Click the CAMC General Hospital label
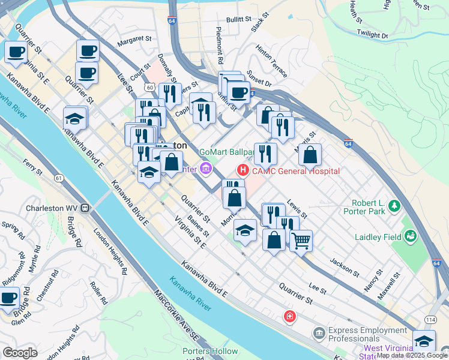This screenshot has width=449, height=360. (295, 171)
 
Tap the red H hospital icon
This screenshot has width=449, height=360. (243, 170)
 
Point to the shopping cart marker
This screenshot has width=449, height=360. (301, 241)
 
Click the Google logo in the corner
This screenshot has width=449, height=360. (20, 353)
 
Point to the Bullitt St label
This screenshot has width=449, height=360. (238, 19)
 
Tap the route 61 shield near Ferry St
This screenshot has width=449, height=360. (58, 178)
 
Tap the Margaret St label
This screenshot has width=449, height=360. (134, 39)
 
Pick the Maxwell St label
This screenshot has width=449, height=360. (389, 286)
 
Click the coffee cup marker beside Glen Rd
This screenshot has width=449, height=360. (8, 297)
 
